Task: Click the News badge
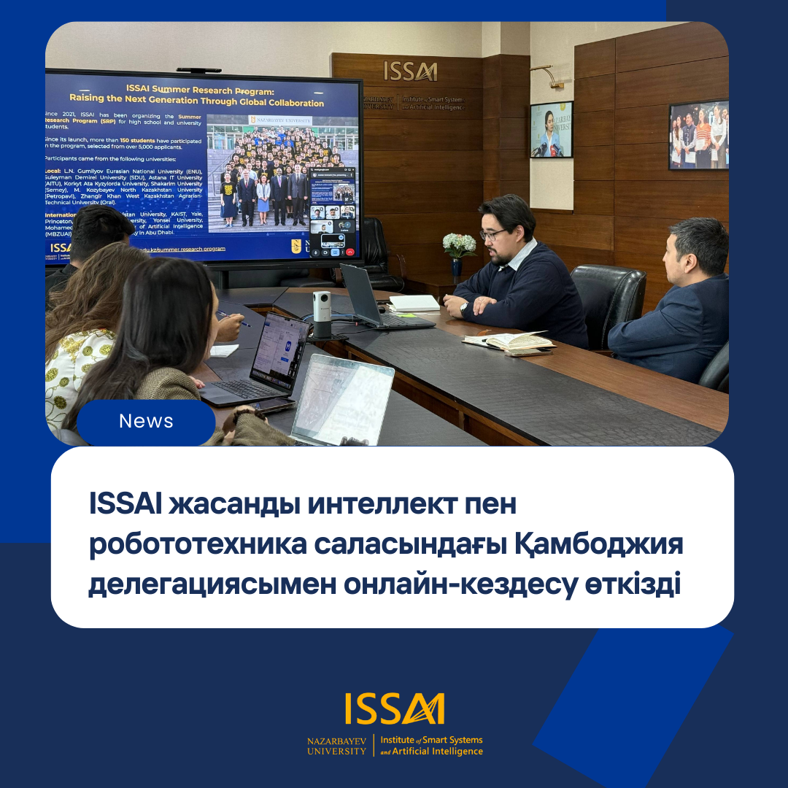[x=146, y=422]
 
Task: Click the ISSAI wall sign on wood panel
[x=410, y=72]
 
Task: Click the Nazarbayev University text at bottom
[x=336, y=746]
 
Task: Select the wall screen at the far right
[x=698, y=135]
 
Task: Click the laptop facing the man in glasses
[x=365, y=297]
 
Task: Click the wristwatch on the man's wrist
[x=463, y=309]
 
